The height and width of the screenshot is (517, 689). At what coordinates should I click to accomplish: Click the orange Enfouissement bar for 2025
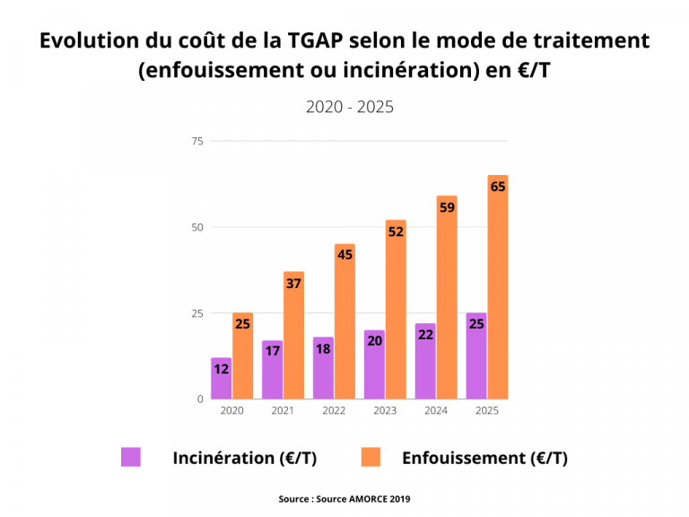pos(498,287)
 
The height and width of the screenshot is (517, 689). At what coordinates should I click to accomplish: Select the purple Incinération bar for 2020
pos(222,379)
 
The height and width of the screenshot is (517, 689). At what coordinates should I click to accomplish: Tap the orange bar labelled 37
pos(293,336)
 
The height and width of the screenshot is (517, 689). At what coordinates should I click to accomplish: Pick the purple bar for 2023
pos(374,364)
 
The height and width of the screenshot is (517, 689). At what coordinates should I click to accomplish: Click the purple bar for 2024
pos(425,361)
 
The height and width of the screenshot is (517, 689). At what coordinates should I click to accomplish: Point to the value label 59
pos(447,208)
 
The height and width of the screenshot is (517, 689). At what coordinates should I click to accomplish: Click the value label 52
pos(396,232)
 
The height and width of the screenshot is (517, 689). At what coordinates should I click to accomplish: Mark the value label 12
pos(222,369)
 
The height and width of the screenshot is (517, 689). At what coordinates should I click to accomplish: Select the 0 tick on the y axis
pos(200,399)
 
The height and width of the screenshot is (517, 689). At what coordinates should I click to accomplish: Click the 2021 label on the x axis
pos(283,410)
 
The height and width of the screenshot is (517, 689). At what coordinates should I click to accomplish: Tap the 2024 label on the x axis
pos(437,410)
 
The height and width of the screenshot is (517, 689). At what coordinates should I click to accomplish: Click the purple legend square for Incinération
pos(131,457)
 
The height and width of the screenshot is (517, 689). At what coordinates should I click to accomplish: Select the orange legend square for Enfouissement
pos(371,457)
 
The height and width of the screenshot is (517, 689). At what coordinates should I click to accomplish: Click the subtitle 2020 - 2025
pos(350,107)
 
